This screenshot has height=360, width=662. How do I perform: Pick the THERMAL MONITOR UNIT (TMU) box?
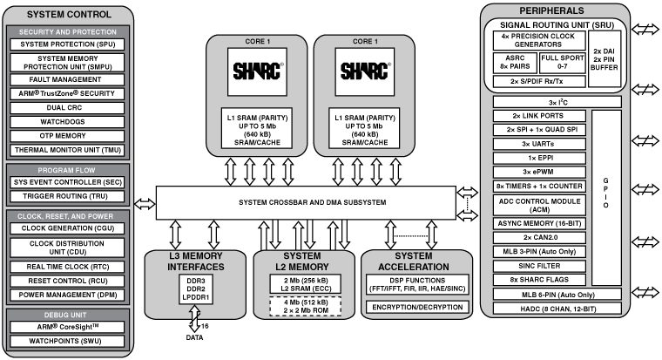[68, 148]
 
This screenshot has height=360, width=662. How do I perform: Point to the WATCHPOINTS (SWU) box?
[68, 341]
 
